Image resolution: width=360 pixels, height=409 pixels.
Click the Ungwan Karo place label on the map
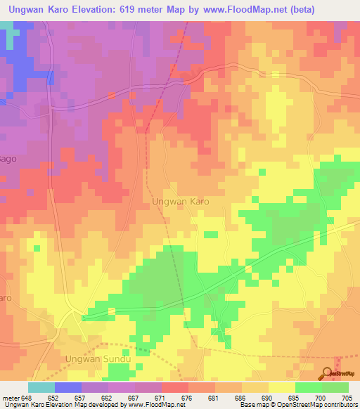pos(181,200)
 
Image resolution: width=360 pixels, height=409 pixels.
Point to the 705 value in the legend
pos(347,398)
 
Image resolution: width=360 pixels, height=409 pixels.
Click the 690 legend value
pos(266,398)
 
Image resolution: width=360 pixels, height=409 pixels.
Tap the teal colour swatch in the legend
pos(41,387)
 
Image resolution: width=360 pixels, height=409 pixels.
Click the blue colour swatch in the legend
pos(68,387)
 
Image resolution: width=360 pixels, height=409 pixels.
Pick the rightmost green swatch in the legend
pos(335,387)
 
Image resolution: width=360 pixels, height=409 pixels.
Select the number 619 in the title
pos(156,9)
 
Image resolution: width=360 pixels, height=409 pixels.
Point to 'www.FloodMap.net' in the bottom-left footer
pos(155,405)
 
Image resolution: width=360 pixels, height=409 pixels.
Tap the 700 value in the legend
pos(320,398)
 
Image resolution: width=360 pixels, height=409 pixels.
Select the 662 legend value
pos(106,398)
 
